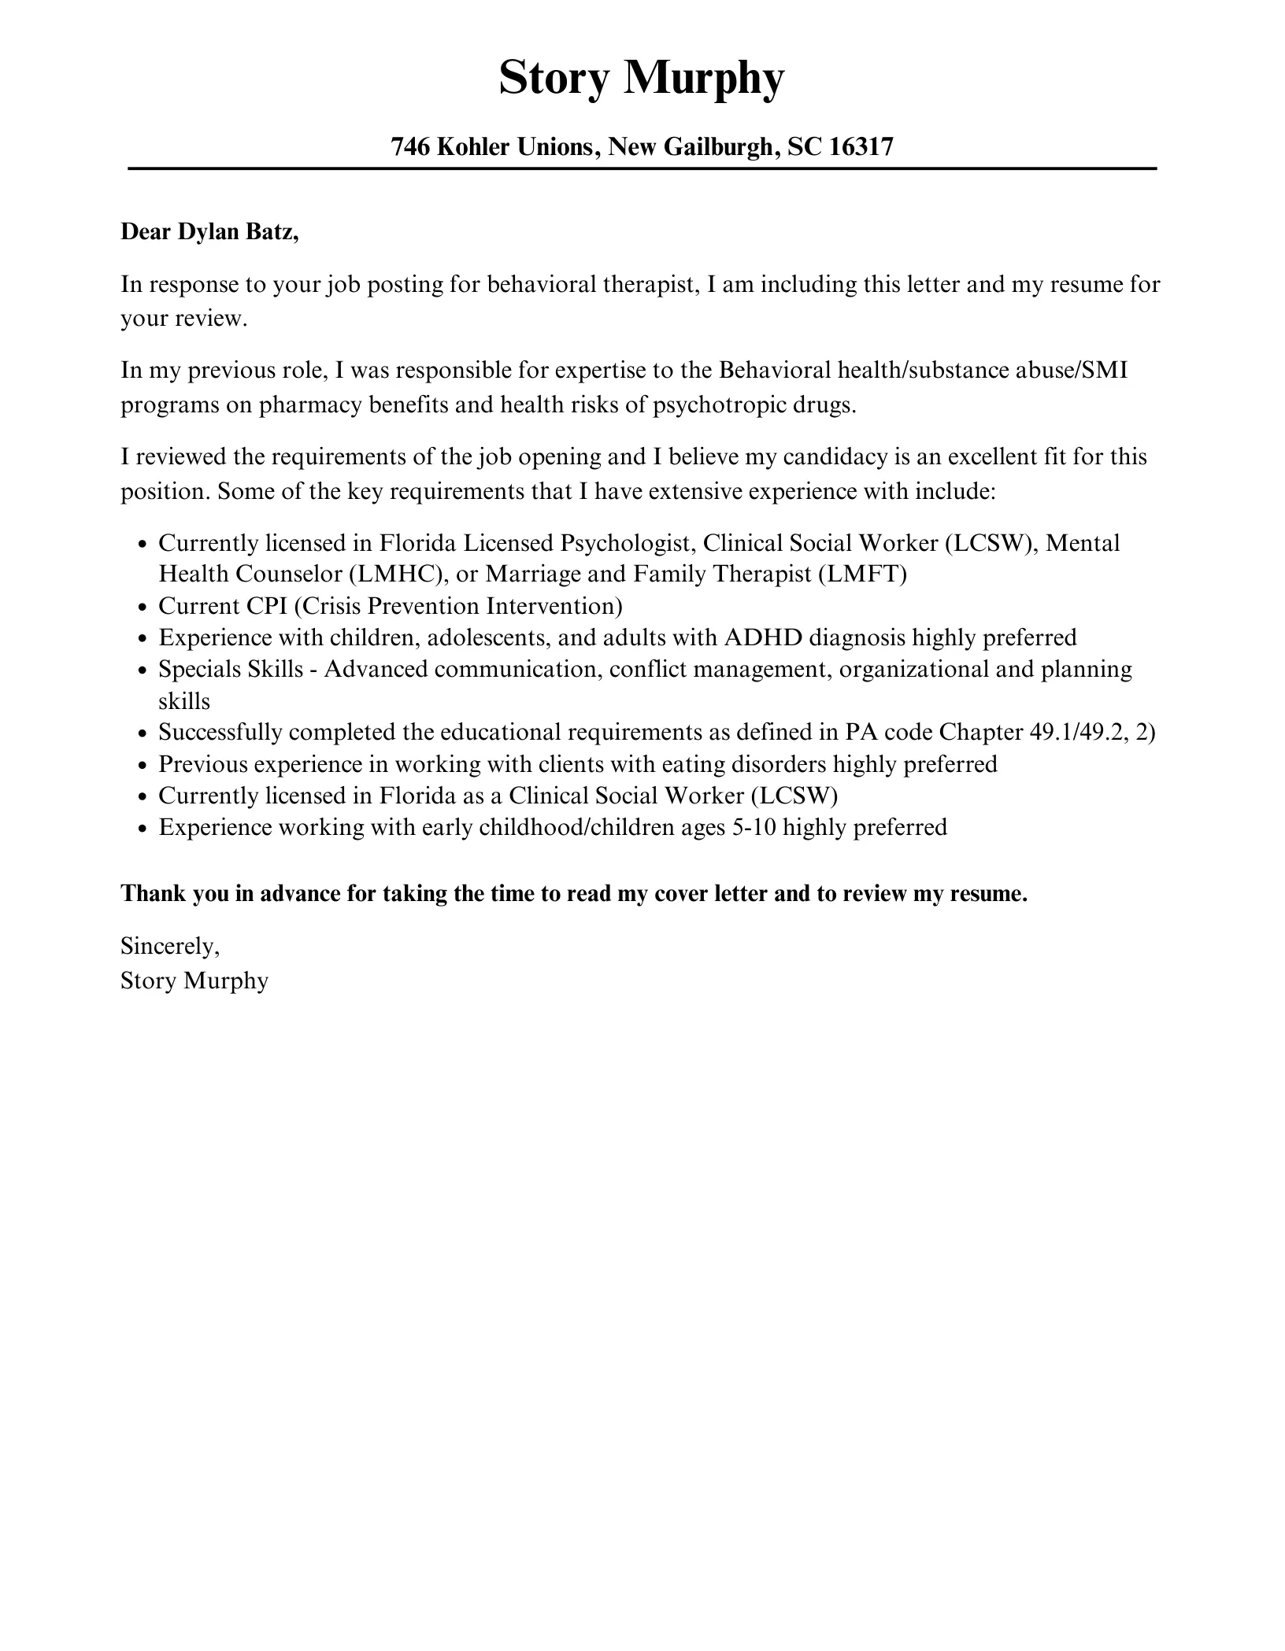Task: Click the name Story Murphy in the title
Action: pos(642,79)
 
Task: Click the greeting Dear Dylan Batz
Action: pos(209,232)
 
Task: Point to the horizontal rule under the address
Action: pos(642,168)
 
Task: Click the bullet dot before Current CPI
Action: pos(142,608)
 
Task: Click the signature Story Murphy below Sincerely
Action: pos(194,981)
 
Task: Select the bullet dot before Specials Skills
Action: pos(142,670)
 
